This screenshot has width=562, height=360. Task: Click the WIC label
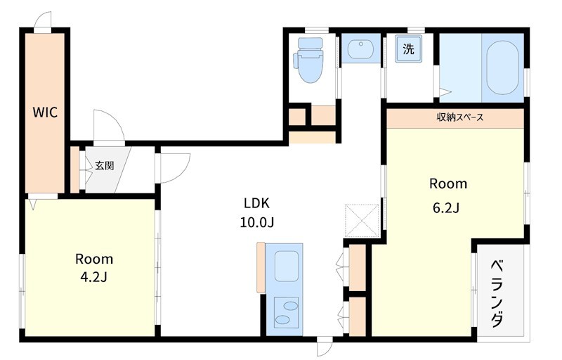click(x=45, y=112)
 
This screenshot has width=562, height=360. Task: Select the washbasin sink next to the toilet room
click(x=360, y=49)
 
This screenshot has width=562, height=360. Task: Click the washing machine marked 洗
click(x=409, y=49)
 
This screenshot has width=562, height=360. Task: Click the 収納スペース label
click(x=460, y=117)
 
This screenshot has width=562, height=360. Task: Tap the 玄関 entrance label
click(x=104, y=165)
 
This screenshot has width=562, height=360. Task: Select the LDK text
click(x=256, y=203)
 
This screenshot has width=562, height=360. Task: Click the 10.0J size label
click(x=257, y=223)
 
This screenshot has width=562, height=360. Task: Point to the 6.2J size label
click(x=446, y=208)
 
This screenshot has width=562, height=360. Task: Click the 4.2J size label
click(x=94, y=278)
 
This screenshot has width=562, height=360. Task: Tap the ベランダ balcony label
click(x=497, y=294)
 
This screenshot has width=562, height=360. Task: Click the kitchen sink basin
click(x=287, y=266)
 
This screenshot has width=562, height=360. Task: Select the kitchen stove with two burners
click(x=286, y=311)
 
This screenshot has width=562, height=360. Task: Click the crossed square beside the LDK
click(x=362, y=221)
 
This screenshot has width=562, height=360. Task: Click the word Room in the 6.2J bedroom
click(x=448, y=184)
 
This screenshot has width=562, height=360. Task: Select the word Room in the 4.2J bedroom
click(x=94, y=259)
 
